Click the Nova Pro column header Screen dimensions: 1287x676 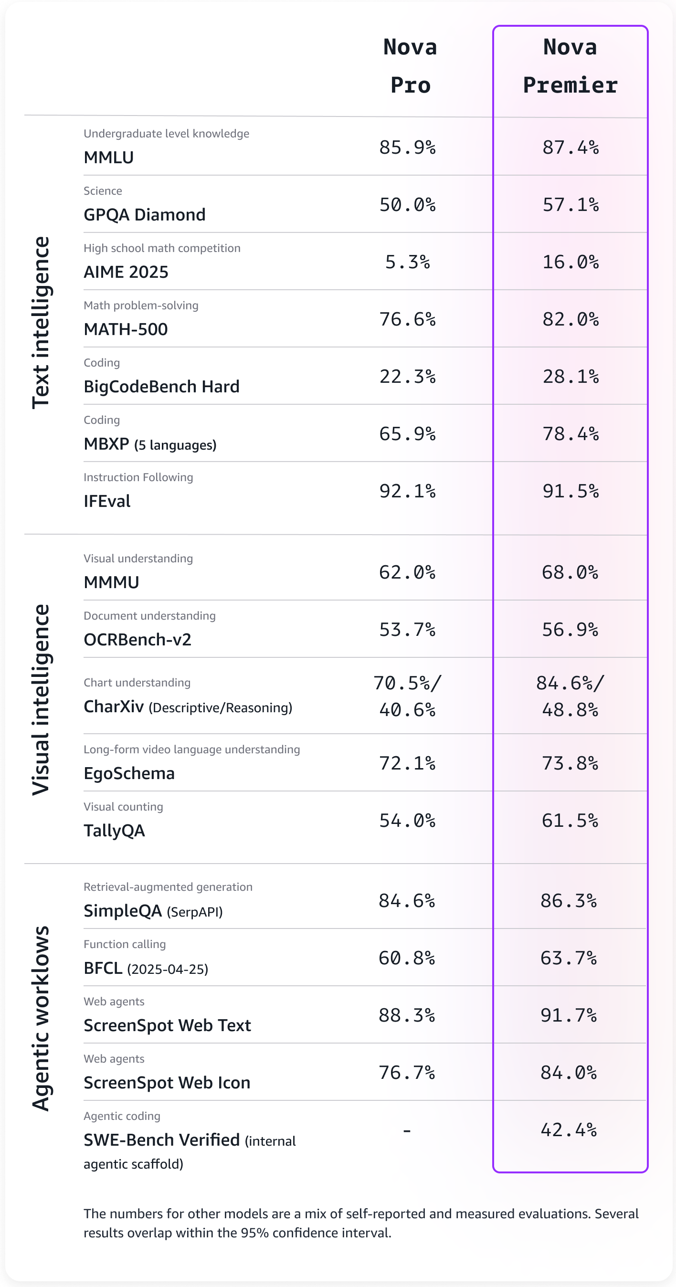coord(410,66)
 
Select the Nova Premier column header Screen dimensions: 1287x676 coord(570,66)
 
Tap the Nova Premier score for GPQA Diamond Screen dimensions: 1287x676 coord(570,205)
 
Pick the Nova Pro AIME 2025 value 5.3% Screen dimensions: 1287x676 coord(407,262)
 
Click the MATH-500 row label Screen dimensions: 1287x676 coord(126,329)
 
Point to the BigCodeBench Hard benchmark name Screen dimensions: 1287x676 coord(161,387)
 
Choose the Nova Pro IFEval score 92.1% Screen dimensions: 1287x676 coord(407,491)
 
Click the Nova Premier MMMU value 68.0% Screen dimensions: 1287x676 coord(570,572)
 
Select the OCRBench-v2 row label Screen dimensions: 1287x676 coord(137,640)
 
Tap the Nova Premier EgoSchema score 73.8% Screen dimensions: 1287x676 coord(570,763)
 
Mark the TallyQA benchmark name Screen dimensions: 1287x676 coord(114,830)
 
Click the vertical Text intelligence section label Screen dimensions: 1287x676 coord(41,323)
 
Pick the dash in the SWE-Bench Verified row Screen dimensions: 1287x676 coord(407,1130)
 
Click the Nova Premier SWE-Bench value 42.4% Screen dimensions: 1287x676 coord(569,1130)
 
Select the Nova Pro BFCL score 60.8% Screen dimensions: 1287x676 coord(407,958)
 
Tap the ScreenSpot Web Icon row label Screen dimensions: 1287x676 coord(167,1083)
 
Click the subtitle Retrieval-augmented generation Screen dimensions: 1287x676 coord(168,887)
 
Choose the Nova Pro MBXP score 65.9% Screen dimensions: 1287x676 coord(407,433)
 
